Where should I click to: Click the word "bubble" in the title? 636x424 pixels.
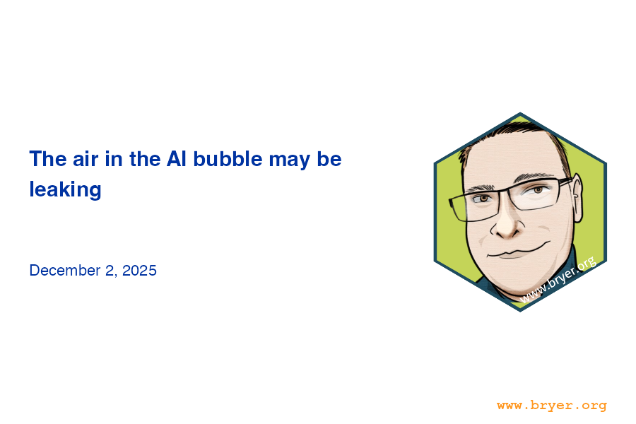228,158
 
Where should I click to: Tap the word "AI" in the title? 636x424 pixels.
177,158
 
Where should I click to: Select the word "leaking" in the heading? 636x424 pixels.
65,189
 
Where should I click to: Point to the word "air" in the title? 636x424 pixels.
86,158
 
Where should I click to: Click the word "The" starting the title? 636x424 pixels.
48,158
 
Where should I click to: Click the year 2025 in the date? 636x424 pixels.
139,270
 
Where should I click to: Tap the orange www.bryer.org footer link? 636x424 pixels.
552,406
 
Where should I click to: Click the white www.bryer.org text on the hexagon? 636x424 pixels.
558,279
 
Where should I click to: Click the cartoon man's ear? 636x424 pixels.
577,198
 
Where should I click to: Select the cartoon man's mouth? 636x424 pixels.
519,251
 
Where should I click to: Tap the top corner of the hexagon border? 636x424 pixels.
520,113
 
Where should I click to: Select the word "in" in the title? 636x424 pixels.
114,158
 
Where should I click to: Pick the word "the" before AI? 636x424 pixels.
145,158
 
